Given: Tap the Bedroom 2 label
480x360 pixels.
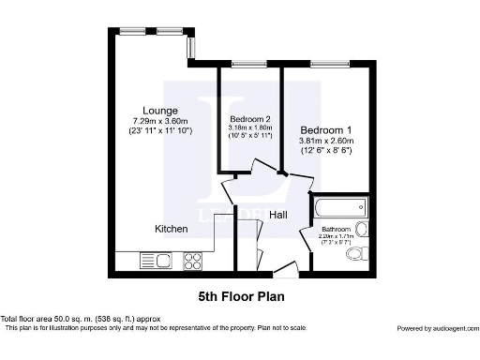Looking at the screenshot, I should point(250,119).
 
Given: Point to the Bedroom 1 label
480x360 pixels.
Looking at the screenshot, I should point(325,129).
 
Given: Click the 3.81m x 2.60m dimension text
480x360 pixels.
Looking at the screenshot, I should point(325,141).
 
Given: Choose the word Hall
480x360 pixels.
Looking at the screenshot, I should point(278,216).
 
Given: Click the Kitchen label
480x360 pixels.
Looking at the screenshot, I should point(172,229).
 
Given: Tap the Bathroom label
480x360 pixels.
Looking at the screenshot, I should point(336,229).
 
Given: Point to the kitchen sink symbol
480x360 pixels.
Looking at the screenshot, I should point(154,260).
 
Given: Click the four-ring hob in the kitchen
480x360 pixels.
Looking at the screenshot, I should point(194,260).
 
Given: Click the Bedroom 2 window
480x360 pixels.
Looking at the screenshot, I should point(247,64).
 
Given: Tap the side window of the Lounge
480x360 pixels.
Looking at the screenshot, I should point(190,45).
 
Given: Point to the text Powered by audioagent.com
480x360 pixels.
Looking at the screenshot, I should point(436,328).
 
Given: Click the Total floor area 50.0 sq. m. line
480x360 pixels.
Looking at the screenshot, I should point(81,320).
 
